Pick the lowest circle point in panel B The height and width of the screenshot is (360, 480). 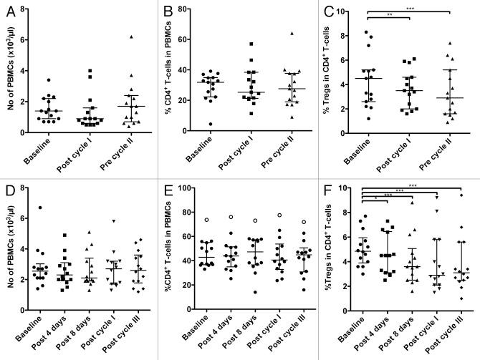(x=189, y=124)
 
